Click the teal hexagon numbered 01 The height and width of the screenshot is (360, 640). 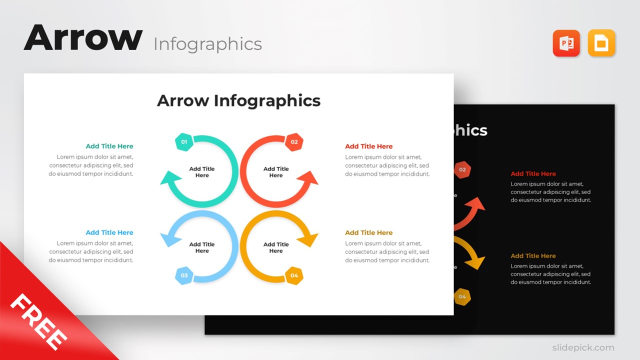click(184, 142)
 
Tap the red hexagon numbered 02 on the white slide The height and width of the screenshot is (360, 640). click(294, 142)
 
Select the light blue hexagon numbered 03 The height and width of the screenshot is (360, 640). click(184, 275)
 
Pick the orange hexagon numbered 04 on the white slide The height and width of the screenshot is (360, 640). click(294, 275)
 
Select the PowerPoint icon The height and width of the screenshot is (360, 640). click(566, 43)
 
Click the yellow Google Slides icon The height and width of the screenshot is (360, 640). click(601, 43)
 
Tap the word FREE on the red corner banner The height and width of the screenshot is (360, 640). click(38, 321)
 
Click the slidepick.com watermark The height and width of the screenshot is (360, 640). click(583, 347)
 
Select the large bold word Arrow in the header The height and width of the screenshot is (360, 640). click(83, 38)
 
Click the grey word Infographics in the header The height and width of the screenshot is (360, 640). click(207, 44)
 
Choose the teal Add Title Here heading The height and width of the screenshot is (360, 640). click(109, 146)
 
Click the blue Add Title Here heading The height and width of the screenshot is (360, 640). click(109, 232)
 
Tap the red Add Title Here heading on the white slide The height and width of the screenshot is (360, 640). click(369, 146)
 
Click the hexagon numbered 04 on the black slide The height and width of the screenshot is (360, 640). click(462, 297)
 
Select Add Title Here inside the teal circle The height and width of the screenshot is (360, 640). click(202, 172)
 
